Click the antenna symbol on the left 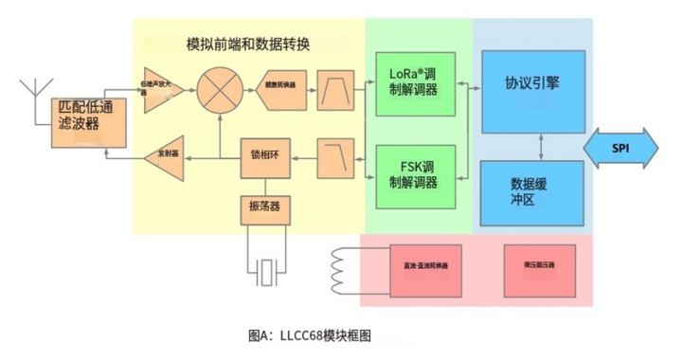[29, 91]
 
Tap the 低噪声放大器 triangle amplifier [160, 91]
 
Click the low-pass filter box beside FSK [334, 159]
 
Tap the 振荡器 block [264, 207]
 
